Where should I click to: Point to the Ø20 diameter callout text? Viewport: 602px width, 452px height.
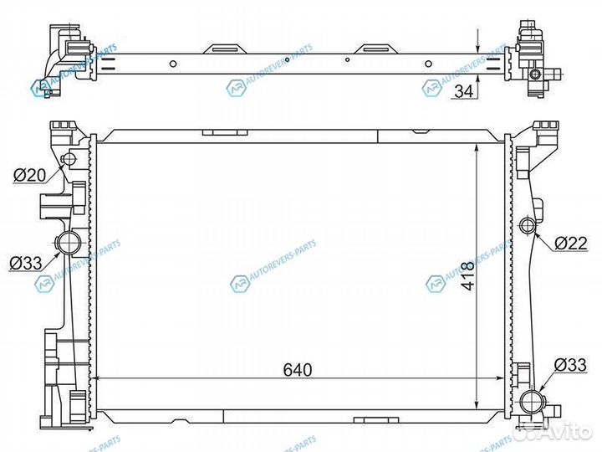click(x=29, y=175)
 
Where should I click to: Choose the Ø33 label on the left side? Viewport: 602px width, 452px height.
click(x=26, y=263)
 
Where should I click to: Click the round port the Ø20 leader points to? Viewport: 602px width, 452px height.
click(x=70, y=160)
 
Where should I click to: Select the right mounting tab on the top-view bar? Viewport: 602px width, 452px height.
click(x=373, y=49)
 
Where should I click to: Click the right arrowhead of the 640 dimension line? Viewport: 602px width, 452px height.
click(x=505, y=379)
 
